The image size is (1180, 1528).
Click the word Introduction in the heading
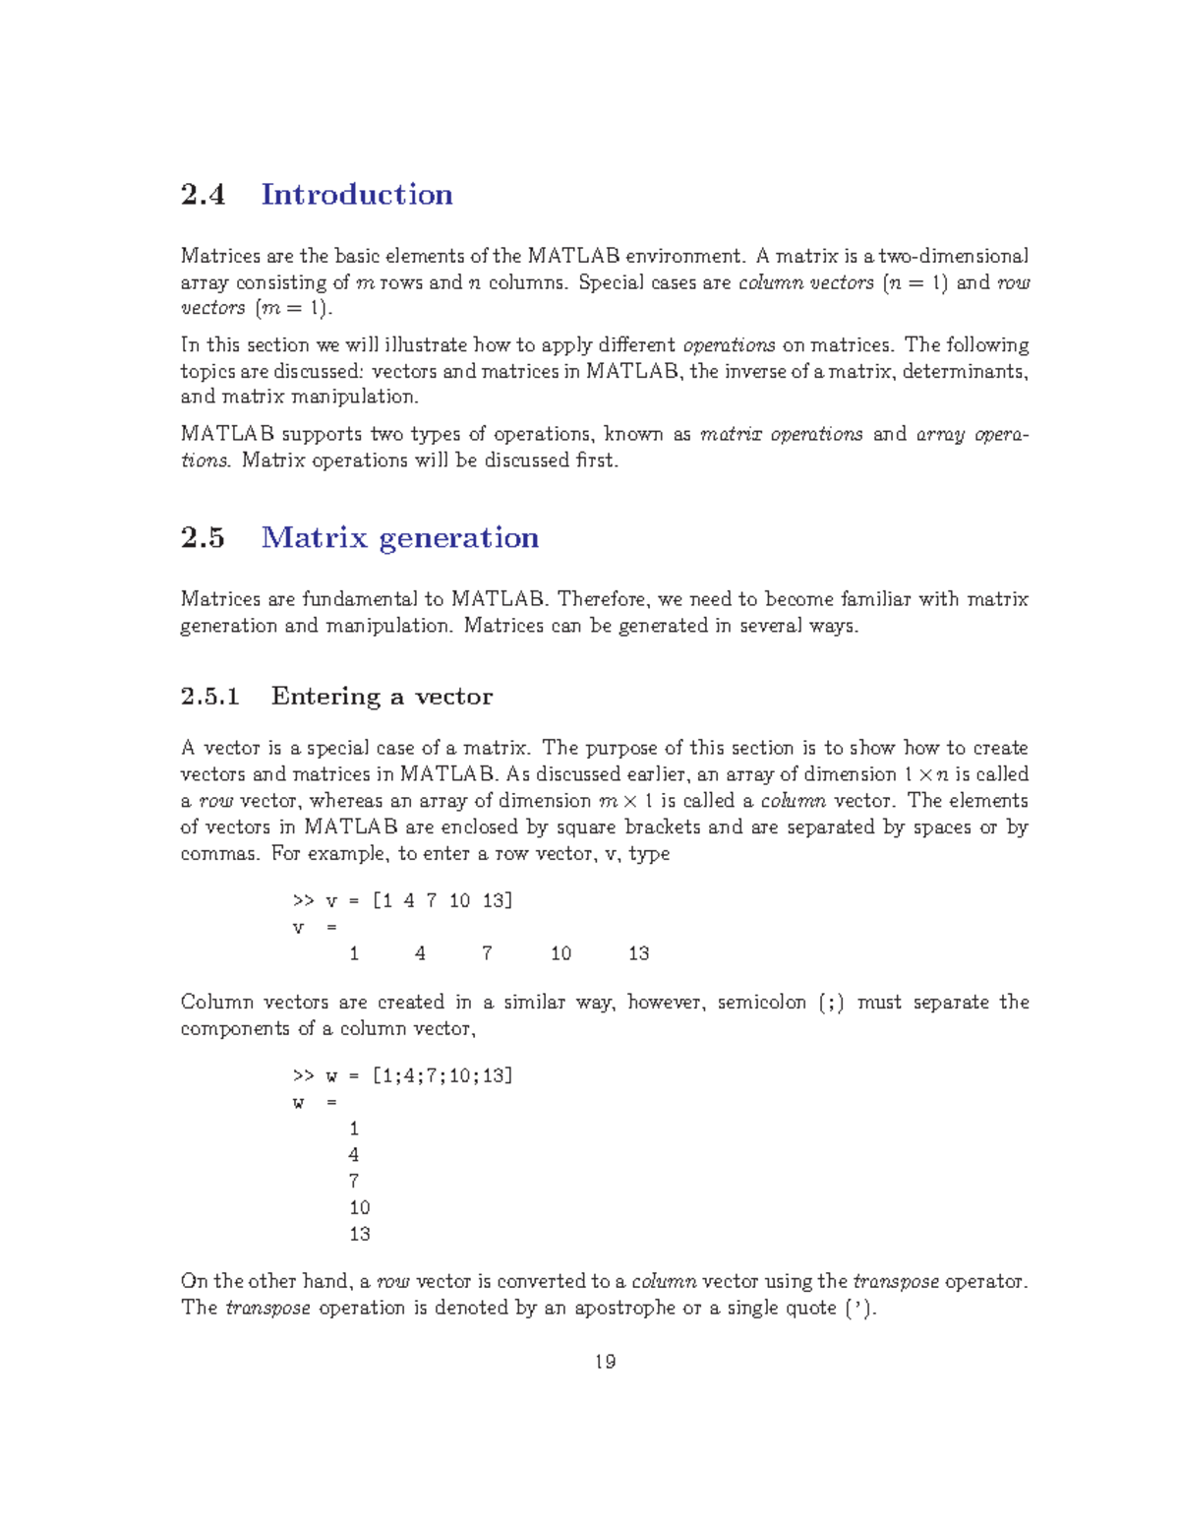pyautogui.click(x=356, y=195)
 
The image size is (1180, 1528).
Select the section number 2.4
pyautogui.click(x=203, y=195)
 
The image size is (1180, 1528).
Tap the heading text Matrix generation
pyautogui.click(x=399, y=538)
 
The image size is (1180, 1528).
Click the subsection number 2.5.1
pyautogui.click(x=210, y=697)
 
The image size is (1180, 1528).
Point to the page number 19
pyautogui.click(x=605, y=1362)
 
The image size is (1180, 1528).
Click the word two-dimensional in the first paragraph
pyautogui.click(x=953, y=257)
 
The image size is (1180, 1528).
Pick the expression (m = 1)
pyautogui.click(x=293, y=309)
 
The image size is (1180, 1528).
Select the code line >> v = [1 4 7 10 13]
pyautogui.click(x=402, y=901)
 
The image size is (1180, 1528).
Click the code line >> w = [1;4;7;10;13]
pyautogui.click(x=402, y=1076)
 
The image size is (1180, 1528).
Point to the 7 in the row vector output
pyautogui.click(x=487, y=953)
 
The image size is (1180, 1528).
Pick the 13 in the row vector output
pyautogui.click(x=638, y=953)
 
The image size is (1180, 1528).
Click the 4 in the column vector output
pyautogui.click(x=354, y=1155)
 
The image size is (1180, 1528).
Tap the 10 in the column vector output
pyautogui.click(x=360, y=1208)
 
